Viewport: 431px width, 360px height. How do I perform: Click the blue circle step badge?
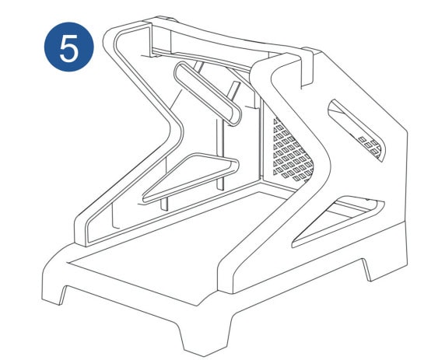tap(69, 47)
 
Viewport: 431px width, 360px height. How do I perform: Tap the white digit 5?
tap(68, 49)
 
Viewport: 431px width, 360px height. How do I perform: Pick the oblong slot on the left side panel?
tap(207, 94)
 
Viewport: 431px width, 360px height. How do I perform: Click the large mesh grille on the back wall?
tap(293, 150)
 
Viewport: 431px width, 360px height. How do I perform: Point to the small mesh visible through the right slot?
tap(370, 147)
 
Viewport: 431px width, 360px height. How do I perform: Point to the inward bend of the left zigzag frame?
tap(176, 129)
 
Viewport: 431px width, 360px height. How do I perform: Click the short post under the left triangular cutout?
tap(164, 204)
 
